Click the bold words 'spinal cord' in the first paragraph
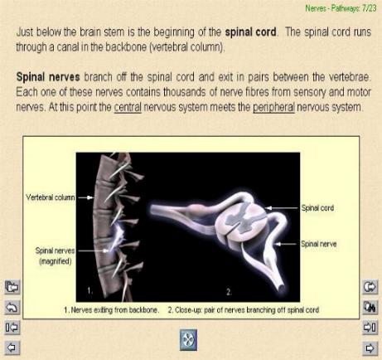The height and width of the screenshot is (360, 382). click(250, 32)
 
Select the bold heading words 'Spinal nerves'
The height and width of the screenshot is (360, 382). click(48, 77)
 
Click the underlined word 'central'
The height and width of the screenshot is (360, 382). click(128, 107)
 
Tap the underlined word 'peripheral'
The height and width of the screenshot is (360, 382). click(273, 107)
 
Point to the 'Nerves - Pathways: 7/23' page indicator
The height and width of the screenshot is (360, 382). click(341, 8)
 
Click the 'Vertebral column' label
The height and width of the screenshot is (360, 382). click(50, 197)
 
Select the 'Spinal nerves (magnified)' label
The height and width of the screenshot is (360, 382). click(55, 255)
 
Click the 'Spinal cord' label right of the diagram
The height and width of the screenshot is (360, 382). click(317, 208)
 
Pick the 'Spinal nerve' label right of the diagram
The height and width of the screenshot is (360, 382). click(319, 244)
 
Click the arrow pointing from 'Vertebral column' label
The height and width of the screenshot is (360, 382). click(85, 197)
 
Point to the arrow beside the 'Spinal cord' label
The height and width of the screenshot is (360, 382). click(282, 208)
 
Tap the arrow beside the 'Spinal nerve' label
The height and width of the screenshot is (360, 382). click(288, 244)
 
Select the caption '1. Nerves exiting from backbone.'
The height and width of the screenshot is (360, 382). click(111, 310)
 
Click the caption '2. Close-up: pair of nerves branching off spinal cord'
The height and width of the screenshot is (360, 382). click(244, 310)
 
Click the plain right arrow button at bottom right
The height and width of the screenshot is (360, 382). click(370, 348)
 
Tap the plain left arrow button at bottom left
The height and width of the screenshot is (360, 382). click(12, 348)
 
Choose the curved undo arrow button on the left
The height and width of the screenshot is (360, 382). click(12, 307)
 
